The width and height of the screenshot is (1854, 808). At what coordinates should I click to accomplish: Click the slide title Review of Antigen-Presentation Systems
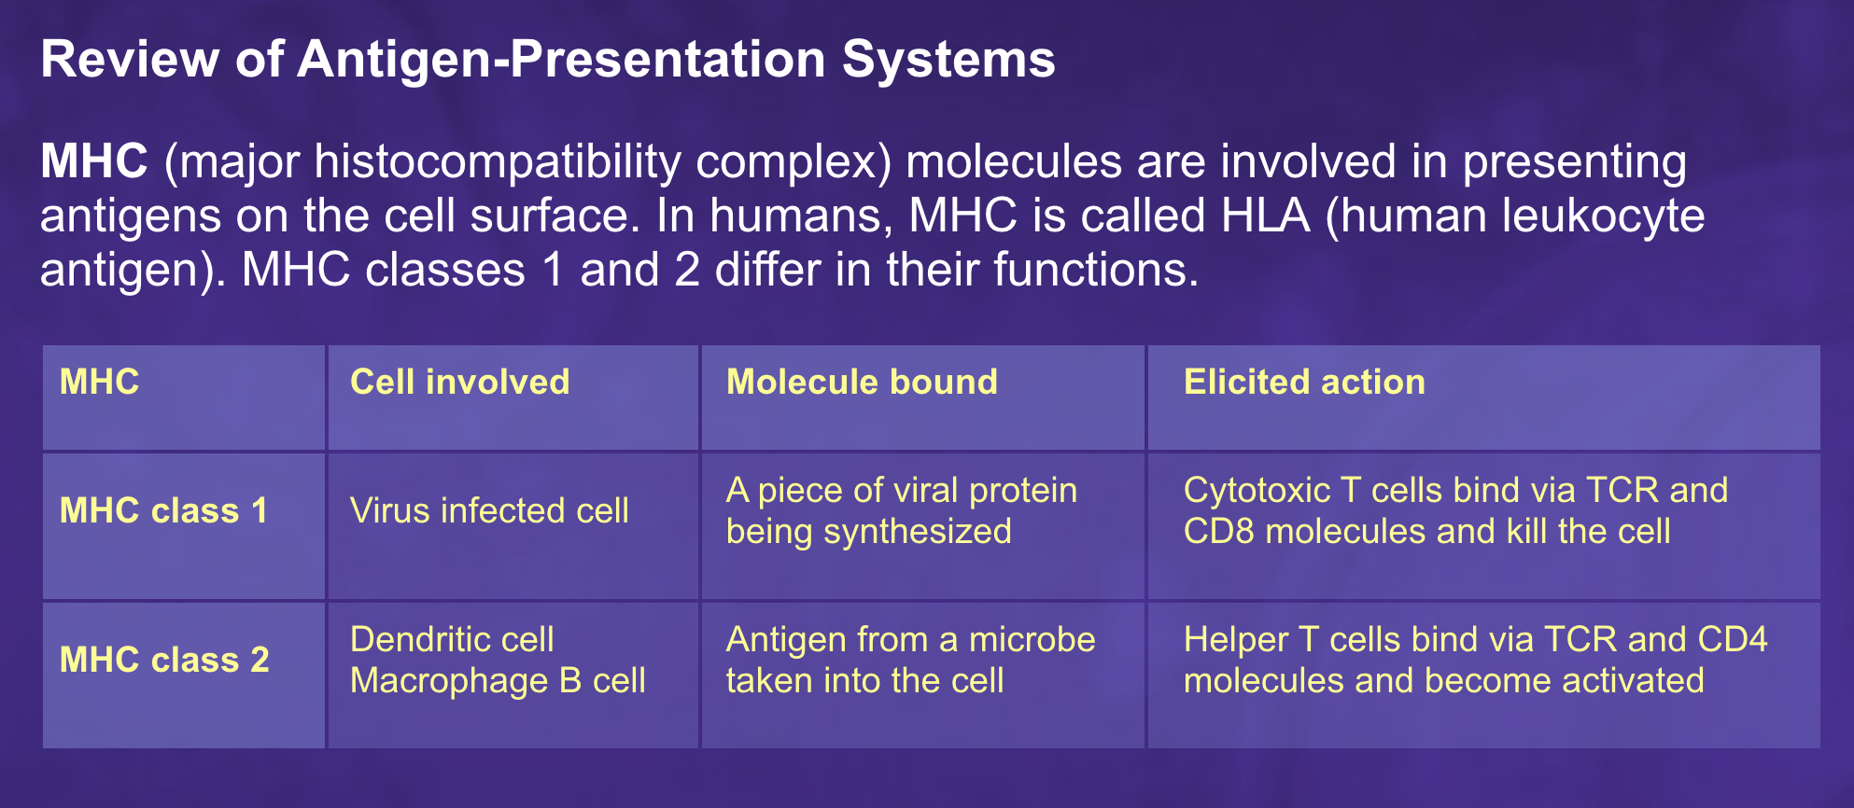click(x=548, y=60)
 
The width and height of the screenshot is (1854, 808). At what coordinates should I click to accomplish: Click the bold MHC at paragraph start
click(x=94, y=161)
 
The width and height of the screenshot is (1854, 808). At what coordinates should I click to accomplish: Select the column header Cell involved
click(x=459, y=383)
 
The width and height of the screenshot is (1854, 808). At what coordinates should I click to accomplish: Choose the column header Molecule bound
click(x=862, y=383)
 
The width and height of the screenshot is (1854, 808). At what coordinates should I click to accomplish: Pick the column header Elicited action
click(x=1304, y=383)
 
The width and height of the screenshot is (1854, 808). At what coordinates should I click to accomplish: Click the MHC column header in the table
click(x=99, y=383)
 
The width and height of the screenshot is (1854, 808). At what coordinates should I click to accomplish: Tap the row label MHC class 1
click(x=163, y=511)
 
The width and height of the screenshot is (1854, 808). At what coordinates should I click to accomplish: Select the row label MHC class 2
click(x=164, y=661)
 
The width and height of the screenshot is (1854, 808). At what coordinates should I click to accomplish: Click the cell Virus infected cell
click(x=489, y=511)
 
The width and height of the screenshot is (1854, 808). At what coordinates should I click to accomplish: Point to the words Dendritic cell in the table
click(x=452, y=640)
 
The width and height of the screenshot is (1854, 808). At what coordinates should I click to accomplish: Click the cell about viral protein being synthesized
click(x=901, y=511)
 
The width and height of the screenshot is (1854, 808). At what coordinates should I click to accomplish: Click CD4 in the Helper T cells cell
click(x=1732, y=640)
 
